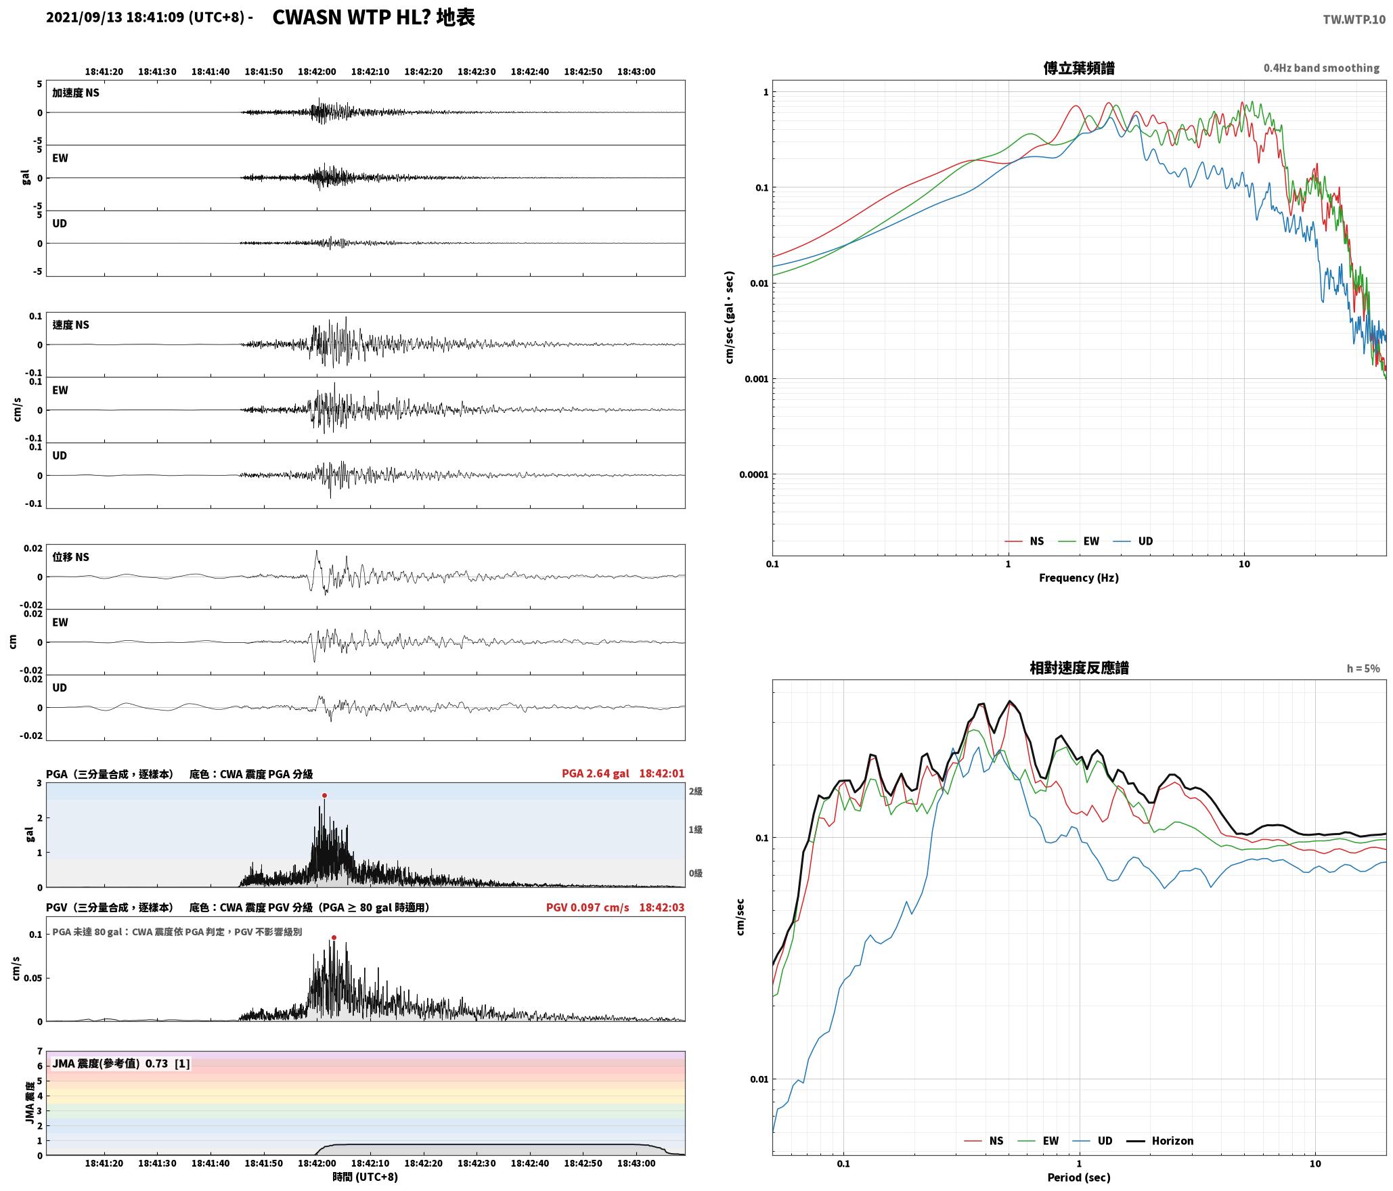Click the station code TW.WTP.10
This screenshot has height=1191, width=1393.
1354,20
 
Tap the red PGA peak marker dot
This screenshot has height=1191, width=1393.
324,795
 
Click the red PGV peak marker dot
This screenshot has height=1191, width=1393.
334,937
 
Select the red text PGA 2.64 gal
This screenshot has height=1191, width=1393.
595,773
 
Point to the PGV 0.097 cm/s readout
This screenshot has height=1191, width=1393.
588,907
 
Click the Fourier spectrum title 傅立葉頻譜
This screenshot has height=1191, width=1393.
1079,68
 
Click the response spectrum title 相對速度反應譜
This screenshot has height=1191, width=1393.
1079,668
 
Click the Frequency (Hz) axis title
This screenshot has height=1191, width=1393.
1079,577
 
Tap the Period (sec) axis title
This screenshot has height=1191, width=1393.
1079,1177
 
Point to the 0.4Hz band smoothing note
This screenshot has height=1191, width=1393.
1321,68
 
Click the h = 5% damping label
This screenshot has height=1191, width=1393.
1363,669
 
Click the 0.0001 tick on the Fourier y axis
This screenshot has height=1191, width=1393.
754,474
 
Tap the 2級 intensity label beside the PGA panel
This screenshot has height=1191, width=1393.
695,791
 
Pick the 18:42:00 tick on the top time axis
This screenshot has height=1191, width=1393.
317,72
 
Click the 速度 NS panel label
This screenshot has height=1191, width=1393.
71,325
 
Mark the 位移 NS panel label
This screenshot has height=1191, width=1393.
71,557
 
